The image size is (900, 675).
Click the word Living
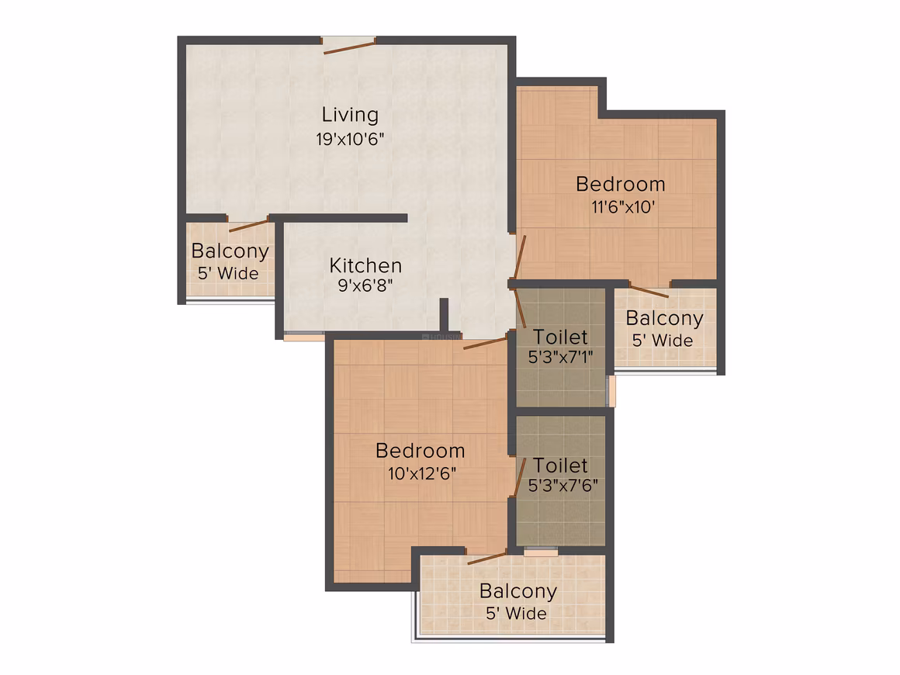click(350, 116)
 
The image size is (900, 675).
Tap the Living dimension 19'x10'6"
click(350, 139)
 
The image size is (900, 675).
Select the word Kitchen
click(365, 266)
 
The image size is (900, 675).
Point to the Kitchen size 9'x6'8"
click(365, 286)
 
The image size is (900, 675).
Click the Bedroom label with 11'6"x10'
click(621, 184)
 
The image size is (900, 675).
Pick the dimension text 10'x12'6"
click(422, 473)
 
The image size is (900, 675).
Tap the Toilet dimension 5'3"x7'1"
click(560, 357)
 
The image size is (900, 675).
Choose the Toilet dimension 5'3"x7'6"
click(562, 486)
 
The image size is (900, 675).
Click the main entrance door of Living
click(349, 47)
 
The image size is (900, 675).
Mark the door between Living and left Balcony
click(248, 225)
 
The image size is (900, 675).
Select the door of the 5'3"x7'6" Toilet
click(520, 476)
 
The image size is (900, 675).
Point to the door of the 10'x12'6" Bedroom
click(485, 343)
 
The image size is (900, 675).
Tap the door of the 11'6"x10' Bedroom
click(520, 256)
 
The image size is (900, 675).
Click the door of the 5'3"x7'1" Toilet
click(521, 308)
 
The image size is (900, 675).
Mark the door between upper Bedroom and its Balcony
click(649, 290)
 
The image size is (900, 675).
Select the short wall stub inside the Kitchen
click(444, 314)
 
